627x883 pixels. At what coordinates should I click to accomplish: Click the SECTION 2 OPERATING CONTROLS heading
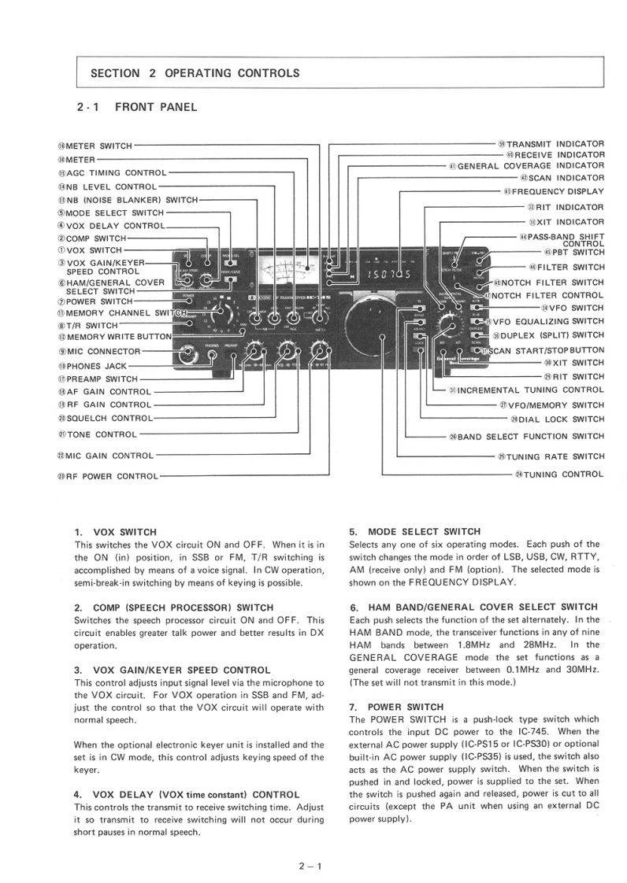(x=195, y=73)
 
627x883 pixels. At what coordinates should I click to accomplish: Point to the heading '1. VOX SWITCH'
(x=115, y=532)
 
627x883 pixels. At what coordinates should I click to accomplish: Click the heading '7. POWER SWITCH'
(x=395, y=707)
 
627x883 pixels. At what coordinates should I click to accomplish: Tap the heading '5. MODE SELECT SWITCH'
(x=414, y=531)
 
